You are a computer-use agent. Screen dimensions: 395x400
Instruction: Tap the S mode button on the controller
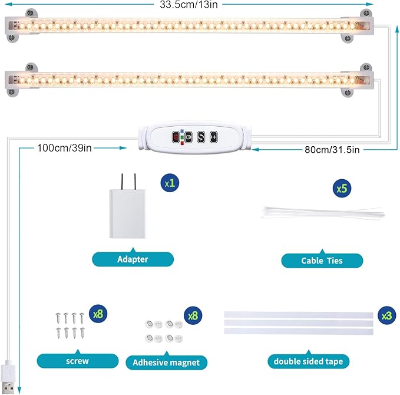[x=201, y=137]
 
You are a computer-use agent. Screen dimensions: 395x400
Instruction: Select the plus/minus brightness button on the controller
[x=213, y=137]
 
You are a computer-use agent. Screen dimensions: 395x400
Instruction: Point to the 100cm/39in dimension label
[x=64, y=147]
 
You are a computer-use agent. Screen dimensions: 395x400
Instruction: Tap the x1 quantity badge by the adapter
[x=170, y=183]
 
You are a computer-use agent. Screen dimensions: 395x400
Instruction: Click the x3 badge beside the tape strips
[x=386, y=316]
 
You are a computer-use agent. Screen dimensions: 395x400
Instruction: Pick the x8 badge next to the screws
[x=97, y=314]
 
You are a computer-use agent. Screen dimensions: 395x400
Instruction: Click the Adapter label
[x=133, y=259]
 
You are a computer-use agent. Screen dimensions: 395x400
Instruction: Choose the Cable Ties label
[x=322, y=260]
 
